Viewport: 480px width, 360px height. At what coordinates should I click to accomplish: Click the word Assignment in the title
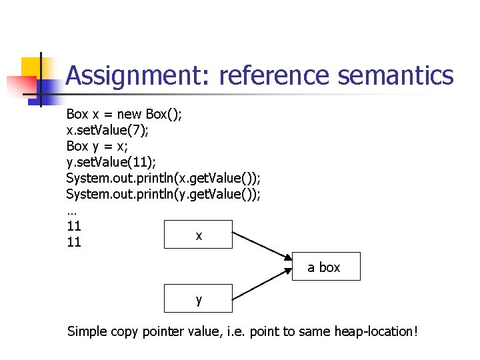(x=137, y=76)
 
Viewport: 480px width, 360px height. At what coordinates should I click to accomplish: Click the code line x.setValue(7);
(x=107, y=130)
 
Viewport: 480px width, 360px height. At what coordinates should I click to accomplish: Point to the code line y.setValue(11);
(x=111, y=162)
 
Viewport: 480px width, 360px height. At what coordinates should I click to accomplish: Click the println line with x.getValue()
(x=163, y=178)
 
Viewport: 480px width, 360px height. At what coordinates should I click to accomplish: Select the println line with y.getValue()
(x=163, y=194)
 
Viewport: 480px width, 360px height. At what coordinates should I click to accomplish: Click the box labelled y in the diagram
(x=199, y=299)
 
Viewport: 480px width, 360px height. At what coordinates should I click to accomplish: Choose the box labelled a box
(x=326, y=267)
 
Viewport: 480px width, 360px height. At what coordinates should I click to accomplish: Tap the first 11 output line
(x=73, y=226)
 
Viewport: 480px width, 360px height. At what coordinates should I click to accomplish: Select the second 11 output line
(x=73, y=242)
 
